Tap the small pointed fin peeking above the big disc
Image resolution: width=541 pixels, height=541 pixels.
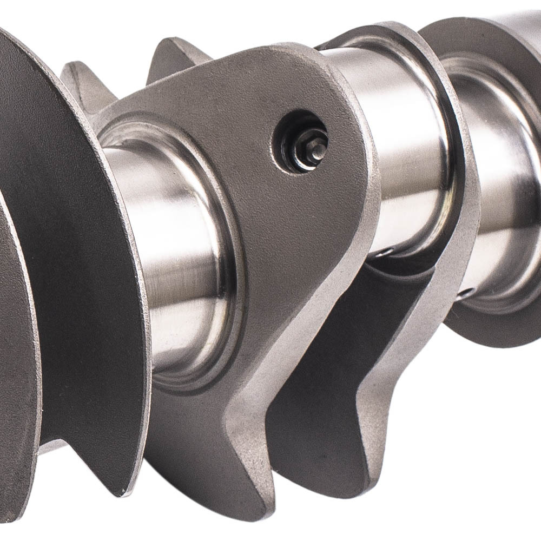[x=81, y=81]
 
